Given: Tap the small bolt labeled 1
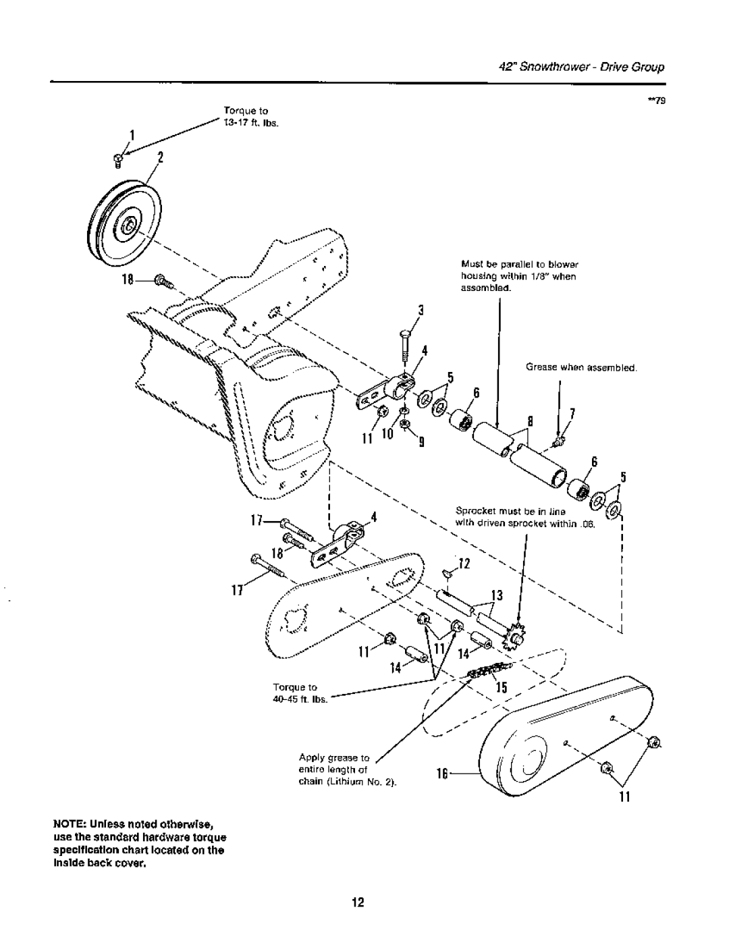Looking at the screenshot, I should pyautogui.click(x=118, y=159).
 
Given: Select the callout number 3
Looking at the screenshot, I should pyautogui.click(x=419, y=311).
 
